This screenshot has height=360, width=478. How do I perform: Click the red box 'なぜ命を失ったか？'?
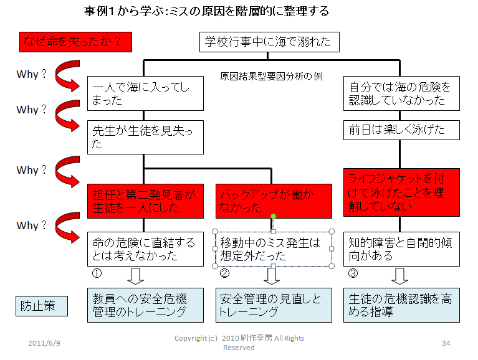pos(75,42)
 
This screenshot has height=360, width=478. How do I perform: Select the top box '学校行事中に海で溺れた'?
pos(269,42)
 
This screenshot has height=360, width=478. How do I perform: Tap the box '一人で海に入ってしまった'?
pos(145,93)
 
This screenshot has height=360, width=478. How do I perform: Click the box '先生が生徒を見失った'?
pos(145,138)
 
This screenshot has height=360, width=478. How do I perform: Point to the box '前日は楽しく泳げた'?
pos(401,130)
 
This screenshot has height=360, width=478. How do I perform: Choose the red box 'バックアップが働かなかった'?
pos(274,201)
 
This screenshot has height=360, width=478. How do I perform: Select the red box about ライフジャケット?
pos(401,192)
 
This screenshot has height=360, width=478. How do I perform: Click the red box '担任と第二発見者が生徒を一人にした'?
pos(145,201)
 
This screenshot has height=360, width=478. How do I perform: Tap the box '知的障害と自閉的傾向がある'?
pos(401,249)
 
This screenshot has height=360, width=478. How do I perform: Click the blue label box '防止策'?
pos(42,306)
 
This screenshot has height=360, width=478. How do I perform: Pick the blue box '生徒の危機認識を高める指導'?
pos(401,305)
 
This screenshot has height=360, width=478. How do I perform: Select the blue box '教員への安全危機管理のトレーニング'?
pos(145,305)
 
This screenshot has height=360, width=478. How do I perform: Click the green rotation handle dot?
pos(273,216)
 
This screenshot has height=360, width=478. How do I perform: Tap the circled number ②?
pos(225,273)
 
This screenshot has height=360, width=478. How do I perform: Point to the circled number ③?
pos(353,273)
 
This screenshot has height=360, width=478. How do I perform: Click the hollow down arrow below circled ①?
pos(135,277)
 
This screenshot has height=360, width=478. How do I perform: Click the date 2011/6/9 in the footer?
pos(44,343)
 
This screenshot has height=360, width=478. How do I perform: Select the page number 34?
pos(446,343)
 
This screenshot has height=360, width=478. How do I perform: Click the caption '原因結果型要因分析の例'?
pos(271,76)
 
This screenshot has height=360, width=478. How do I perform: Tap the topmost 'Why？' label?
pos(32,74)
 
